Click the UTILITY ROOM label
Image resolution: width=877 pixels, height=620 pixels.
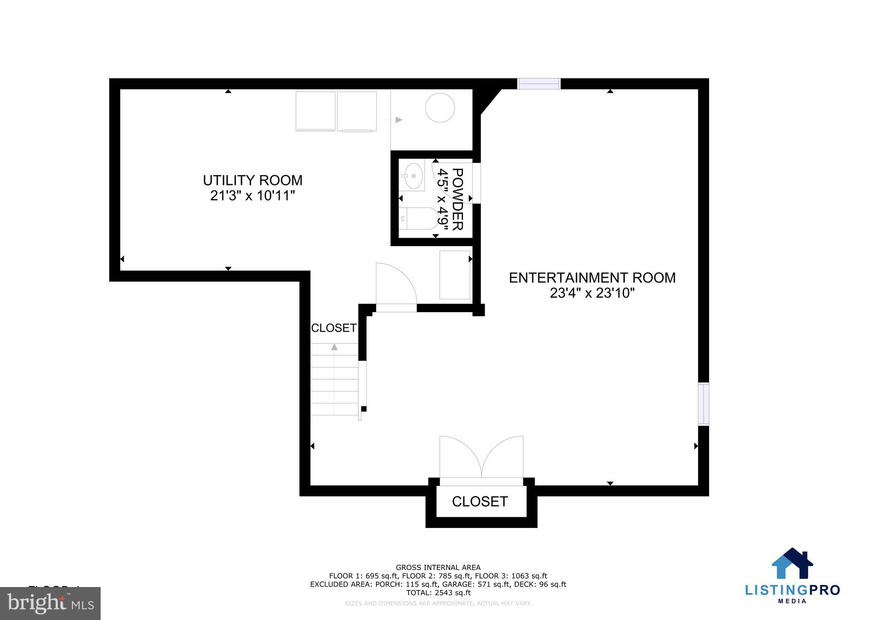[x=253, y=180]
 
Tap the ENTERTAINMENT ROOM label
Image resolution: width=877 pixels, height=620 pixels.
[x=592, y=278]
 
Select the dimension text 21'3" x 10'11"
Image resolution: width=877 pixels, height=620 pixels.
[x=253, y=196]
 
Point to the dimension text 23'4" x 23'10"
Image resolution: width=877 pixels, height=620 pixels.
[x=592, y=294]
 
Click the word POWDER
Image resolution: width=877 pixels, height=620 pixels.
[x=457, y=199]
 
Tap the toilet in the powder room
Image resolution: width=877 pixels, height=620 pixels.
[x=420, y=218]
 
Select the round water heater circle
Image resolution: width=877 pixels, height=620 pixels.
[x=440, y=108]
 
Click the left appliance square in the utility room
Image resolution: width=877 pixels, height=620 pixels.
[x=315, y=111]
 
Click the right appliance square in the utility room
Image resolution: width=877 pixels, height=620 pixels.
[x=356, y=111]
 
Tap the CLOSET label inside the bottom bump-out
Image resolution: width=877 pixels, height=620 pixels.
[x=480, y=501]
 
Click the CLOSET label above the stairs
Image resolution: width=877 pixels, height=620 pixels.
[x=334, y=328]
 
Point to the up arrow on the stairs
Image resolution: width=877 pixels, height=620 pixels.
[x=334, y=347]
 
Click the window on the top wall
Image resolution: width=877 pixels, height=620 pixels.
[x=539, y=83]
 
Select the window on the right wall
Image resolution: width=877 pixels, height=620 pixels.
[x=703, y=404]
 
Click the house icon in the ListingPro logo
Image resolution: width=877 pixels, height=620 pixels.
[x=792, y=564]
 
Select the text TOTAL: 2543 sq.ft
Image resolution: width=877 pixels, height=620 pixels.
[x=438, y=593]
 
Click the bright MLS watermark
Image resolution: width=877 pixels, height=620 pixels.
[x=51, y=603]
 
